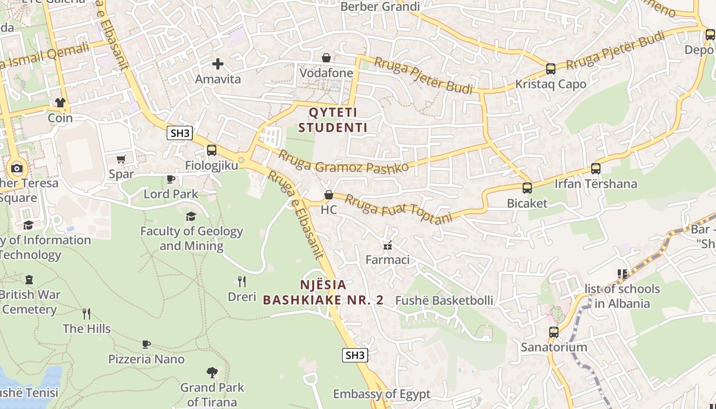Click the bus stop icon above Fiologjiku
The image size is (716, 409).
[x=211, y=150]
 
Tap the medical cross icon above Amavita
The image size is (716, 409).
[x=218, y=64]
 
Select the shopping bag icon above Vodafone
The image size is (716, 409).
[x=326, y=58]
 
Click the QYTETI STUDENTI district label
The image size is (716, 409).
[x=333, y=120]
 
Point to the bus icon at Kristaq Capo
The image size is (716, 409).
[x=551, y=69]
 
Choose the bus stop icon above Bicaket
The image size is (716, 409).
[x=527, y=188]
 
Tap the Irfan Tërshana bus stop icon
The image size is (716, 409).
[x=596, y=168]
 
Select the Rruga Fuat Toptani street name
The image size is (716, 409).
[x=399, y=209]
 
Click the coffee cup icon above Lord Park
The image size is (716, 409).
[x=171, y=179]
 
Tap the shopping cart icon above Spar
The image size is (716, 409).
[x=121, y=159]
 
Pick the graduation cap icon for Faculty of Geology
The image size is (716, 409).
[x=191, y=216]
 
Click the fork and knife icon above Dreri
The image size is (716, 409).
[x=242, y=281]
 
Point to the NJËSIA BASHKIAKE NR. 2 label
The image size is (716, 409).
[x=323, y=292]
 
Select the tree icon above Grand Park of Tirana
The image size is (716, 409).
[x=212, y=372]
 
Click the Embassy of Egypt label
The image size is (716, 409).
[x=382, y=394]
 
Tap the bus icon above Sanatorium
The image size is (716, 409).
[x=554, y=332]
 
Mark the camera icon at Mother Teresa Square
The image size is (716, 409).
[x=17, y=168]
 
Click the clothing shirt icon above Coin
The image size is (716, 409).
[x=60, y=103]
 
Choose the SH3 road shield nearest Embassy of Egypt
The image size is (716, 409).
[x=355, y=355]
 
